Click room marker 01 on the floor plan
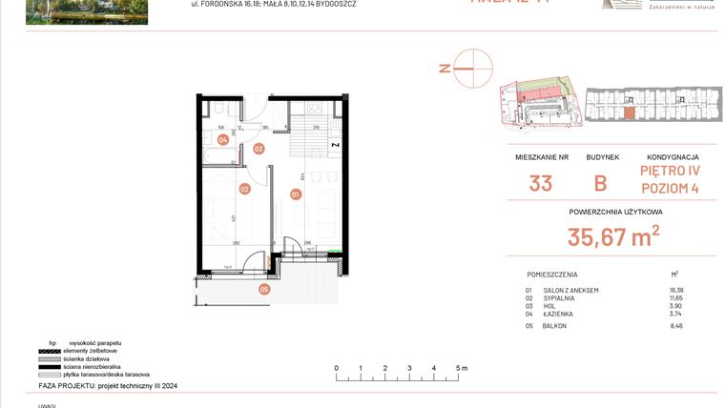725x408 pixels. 296,194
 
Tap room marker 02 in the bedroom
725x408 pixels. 244,189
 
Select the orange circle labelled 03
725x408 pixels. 259,149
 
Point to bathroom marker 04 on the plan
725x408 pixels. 222,139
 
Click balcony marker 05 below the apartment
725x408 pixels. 264,289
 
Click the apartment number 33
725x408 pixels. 540,183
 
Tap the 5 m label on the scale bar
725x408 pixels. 461,367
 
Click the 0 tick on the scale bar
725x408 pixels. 336,367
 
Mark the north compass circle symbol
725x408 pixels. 473,68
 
